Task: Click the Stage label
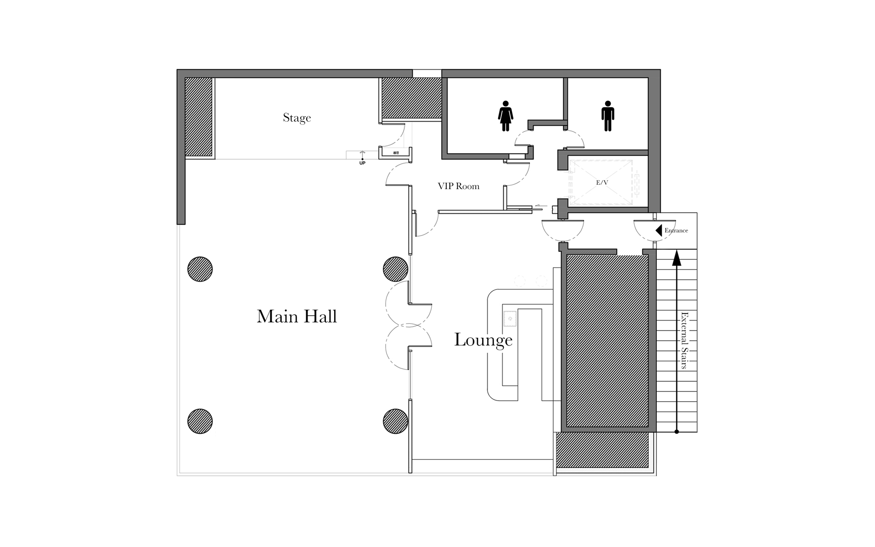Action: tap(297, 118)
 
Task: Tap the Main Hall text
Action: tap(297, 316)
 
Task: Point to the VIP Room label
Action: tap(458, 186)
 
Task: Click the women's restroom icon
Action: tap(505, 116)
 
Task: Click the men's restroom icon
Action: tap(607, 116)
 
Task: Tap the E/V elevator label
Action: tap(602, 182)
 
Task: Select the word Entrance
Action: tap(676, 231)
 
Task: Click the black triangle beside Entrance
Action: tap(659, 231)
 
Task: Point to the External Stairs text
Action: tap(684, 341)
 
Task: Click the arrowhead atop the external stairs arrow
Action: tap(677, 258)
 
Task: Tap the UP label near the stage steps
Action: tap(362, 163)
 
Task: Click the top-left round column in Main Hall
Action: tap(200, 269)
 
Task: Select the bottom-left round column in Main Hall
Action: tap(200, 421)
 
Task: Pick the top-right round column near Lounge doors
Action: tap(396, 269)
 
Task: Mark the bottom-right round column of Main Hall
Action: tap(396, 421)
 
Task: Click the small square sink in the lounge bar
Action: tap(510, 319)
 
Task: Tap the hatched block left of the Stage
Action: tap(199, 117)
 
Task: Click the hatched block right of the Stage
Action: tap(412, 98)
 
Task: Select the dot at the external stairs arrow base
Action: tap(677, 432)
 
